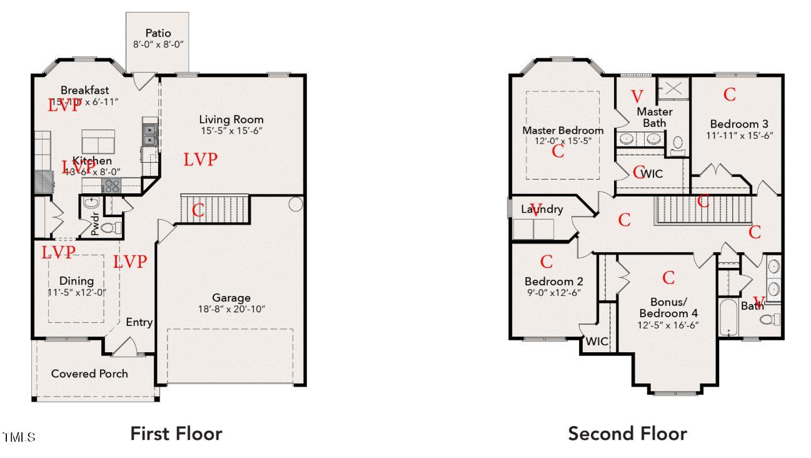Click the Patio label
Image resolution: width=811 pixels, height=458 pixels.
coord(158,33)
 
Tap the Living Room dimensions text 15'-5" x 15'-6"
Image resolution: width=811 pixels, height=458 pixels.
coord(231,131)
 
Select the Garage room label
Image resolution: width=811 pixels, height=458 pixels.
coord(231,298)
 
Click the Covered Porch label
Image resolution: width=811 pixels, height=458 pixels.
coord(89,374)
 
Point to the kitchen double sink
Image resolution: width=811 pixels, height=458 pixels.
coord(150,133)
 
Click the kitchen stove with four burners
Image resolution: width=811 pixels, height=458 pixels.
coord(111,185)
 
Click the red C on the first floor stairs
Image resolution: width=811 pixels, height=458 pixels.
coord(198,210)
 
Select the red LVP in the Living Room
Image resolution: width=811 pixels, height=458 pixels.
coord(201,160)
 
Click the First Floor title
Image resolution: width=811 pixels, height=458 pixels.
coord(176,433)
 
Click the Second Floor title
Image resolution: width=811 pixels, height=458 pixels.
coord(627,433)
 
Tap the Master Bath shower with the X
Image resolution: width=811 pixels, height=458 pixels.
coord(673,88)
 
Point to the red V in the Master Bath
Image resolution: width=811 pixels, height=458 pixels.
coord(637,96)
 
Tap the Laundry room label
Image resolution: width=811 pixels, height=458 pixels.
coord(542,210)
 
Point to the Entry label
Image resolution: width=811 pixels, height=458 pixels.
coord(139,322)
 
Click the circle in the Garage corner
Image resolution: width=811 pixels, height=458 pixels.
coord(296,204)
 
